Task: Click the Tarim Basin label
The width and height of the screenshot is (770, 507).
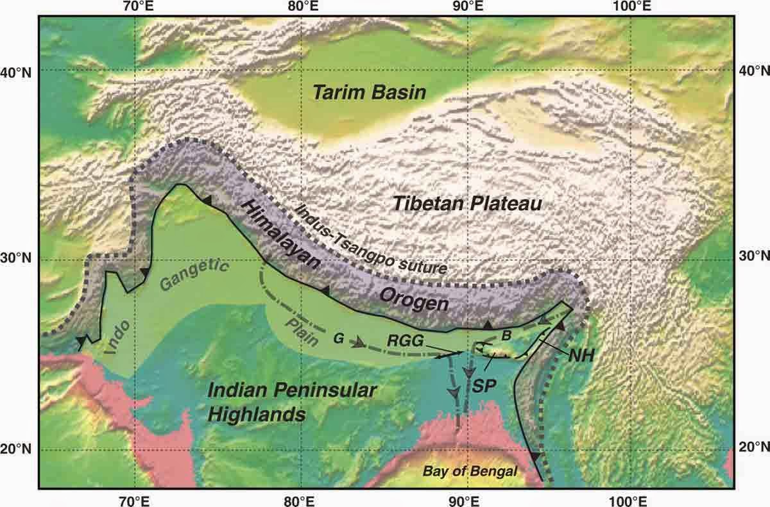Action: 369,93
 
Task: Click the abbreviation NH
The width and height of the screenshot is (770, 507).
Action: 579,351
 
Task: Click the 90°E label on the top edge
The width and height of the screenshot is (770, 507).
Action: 466,7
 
